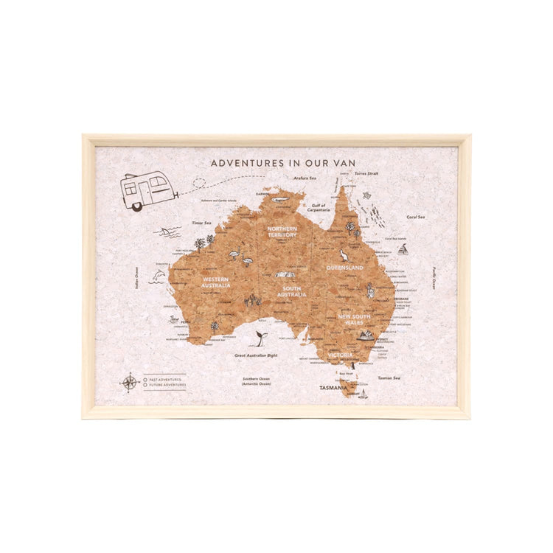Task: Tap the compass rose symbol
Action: pos(131,382)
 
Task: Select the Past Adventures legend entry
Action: pos(163,379)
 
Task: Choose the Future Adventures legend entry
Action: pos(165,385)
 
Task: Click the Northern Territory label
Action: pos(282,232)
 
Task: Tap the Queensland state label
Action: pos(345,268)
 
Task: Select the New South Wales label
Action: pos(355,319)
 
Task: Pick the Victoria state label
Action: pos(341,355)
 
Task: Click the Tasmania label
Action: pos(333,387)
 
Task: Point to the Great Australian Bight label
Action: pos(257,355)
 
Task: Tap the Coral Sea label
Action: pos(416,217)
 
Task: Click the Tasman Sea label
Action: pos(389,378)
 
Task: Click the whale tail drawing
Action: pos(261,338)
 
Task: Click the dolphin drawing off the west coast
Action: pos(157,276)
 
